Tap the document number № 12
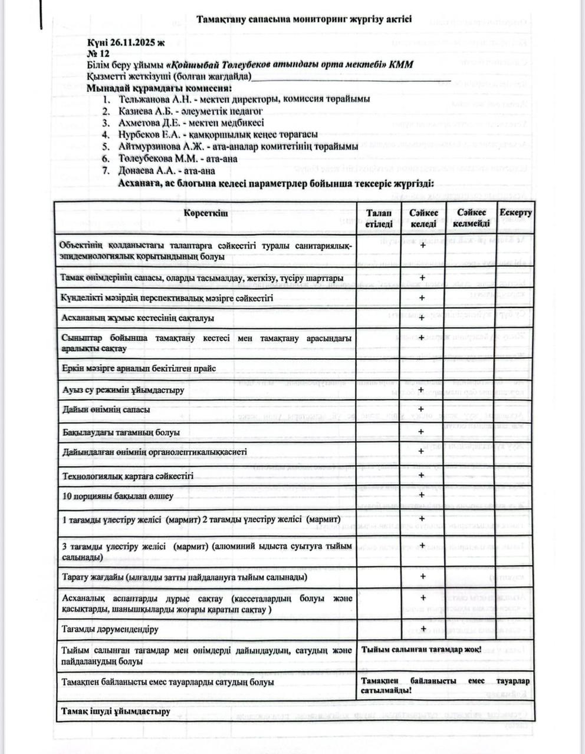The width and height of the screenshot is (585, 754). (x=98, y=54)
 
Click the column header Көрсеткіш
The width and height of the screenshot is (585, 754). (x=205, y=213)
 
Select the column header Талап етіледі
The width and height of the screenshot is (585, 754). (x=378, y=218)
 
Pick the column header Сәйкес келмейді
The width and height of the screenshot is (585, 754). (x=471, y=218)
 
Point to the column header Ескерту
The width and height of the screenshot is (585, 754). (x=515, y=213)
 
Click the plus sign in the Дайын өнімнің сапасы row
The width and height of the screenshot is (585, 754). (x=421, y=409)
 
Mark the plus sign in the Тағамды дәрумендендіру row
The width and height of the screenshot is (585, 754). (x=423, y=629)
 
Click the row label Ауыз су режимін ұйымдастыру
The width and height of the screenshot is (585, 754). (x=123, y=390)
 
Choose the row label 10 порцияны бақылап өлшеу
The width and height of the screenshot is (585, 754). (x=117, y=496)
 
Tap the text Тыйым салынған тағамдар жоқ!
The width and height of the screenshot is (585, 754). (x=421, y=650)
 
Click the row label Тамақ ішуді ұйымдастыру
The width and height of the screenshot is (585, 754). (x=116, y=711)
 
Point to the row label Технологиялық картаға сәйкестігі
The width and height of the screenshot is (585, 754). (x=127, y=475)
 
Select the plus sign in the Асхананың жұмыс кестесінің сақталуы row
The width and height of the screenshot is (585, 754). (x=422, y=318)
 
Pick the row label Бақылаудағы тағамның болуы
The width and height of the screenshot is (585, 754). (x=121, y=432)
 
